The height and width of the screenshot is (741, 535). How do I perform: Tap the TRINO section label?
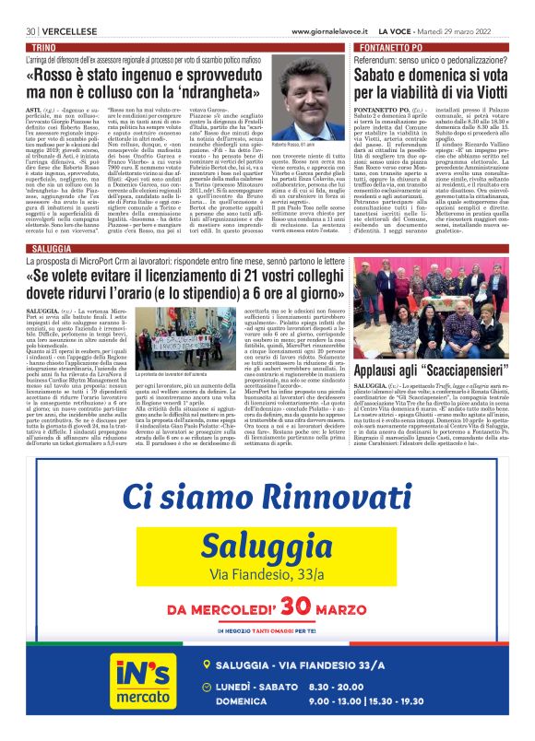tap(42, 45)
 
